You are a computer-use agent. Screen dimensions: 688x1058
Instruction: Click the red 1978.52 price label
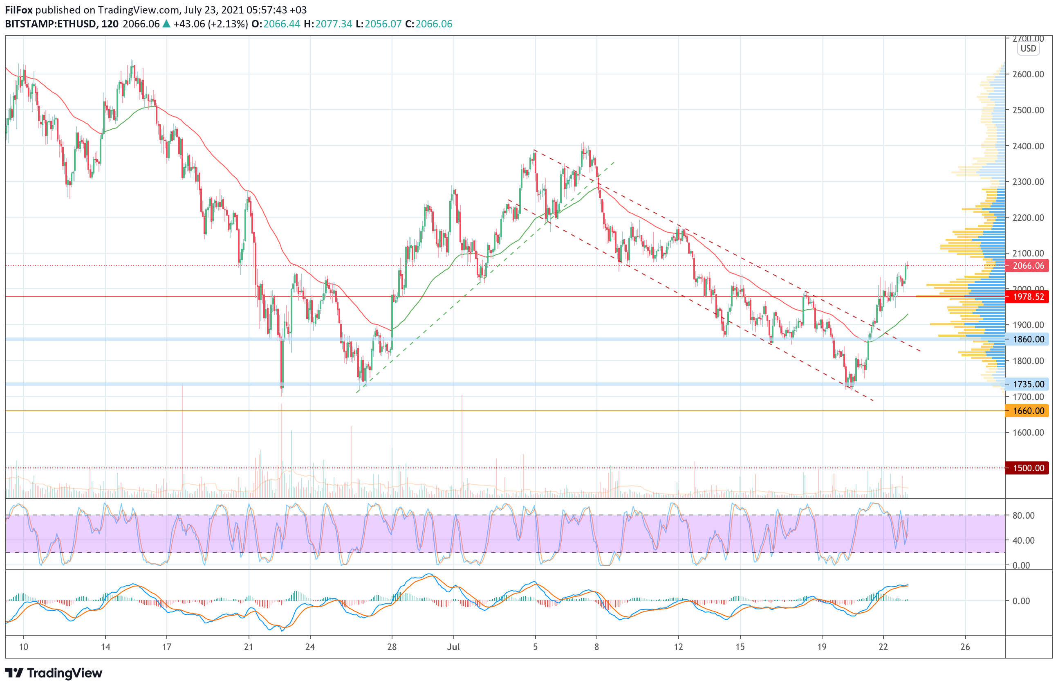coord(1028,297)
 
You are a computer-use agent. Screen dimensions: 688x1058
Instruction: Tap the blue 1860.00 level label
coord(1028,340)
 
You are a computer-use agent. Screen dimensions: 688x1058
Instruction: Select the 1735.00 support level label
coord(1028,384)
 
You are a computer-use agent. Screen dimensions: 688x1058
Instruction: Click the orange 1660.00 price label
coord(1028,411)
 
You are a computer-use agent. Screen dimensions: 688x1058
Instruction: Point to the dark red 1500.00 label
coord(1028,468)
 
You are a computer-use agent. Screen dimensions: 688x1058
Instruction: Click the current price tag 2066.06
coord(1028,266)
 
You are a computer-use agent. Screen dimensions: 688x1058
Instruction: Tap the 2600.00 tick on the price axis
coord(1028,74)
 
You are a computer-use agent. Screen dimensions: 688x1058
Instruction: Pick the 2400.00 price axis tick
coord(1028,146)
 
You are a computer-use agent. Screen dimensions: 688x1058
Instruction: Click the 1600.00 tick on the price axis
coord(1028,432)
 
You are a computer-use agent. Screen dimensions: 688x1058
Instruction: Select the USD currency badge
coord(1028,49)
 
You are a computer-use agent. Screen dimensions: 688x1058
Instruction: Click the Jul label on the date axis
coord(453,647)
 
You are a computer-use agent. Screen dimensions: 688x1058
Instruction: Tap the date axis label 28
coord(392,647)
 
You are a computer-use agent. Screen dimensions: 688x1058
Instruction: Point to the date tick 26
coord(965,647)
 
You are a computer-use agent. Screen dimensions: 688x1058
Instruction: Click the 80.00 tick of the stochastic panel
coord(1023,515)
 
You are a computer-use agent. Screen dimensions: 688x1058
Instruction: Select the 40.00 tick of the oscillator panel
coord(1023,540)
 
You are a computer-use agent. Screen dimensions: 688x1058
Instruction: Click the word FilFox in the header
coord(19,10)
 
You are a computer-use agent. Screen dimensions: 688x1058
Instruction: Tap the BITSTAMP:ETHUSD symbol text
coord(50,24)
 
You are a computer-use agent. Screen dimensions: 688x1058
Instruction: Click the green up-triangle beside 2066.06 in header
coord(167,24)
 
